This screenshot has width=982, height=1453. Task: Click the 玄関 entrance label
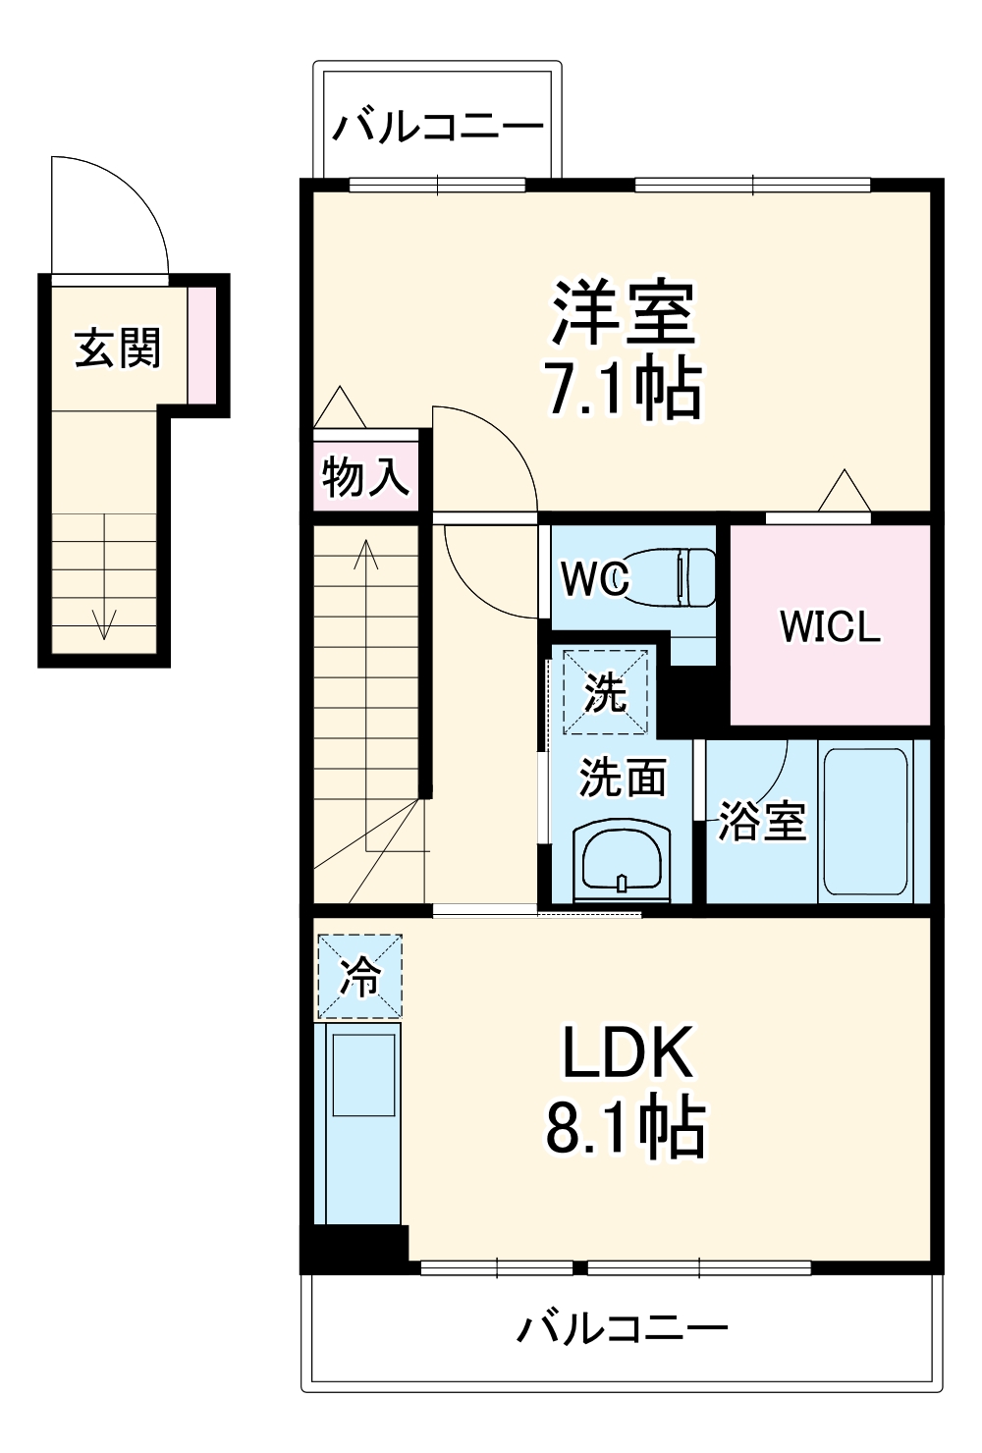click(118, 348)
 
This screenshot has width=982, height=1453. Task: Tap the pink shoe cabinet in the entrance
click(201, 345)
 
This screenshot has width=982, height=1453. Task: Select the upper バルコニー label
click(437, 128)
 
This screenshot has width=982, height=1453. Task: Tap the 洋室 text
click(623, 312)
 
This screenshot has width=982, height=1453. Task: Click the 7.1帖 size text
click(623, 389)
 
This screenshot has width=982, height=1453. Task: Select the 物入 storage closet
click(364, 476)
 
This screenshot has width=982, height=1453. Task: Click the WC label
click(594, 578)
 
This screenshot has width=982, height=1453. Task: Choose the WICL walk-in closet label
click(830, 626)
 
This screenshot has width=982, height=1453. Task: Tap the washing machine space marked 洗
click(605, 691)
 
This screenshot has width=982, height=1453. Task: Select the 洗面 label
click(622, 778)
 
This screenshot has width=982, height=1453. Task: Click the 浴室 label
click(761, 821)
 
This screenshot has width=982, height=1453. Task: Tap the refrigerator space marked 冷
click(359, 977)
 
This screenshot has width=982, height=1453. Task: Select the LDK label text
click(627, 1052)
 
